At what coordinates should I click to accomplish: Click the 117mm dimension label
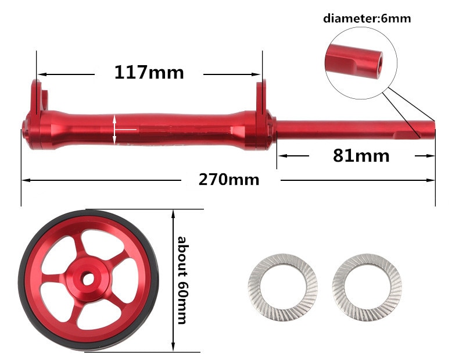[149, 73]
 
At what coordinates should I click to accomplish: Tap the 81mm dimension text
[361, 155]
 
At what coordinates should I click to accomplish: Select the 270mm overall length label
[229, 180]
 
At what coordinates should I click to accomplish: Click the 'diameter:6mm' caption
[367, 19]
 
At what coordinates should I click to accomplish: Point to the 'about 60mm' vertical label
[182, 280]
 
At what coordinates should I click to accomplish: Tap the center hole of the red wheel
[88, 279]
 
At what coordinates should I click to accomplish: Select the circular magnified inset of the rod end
[361, 63]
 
